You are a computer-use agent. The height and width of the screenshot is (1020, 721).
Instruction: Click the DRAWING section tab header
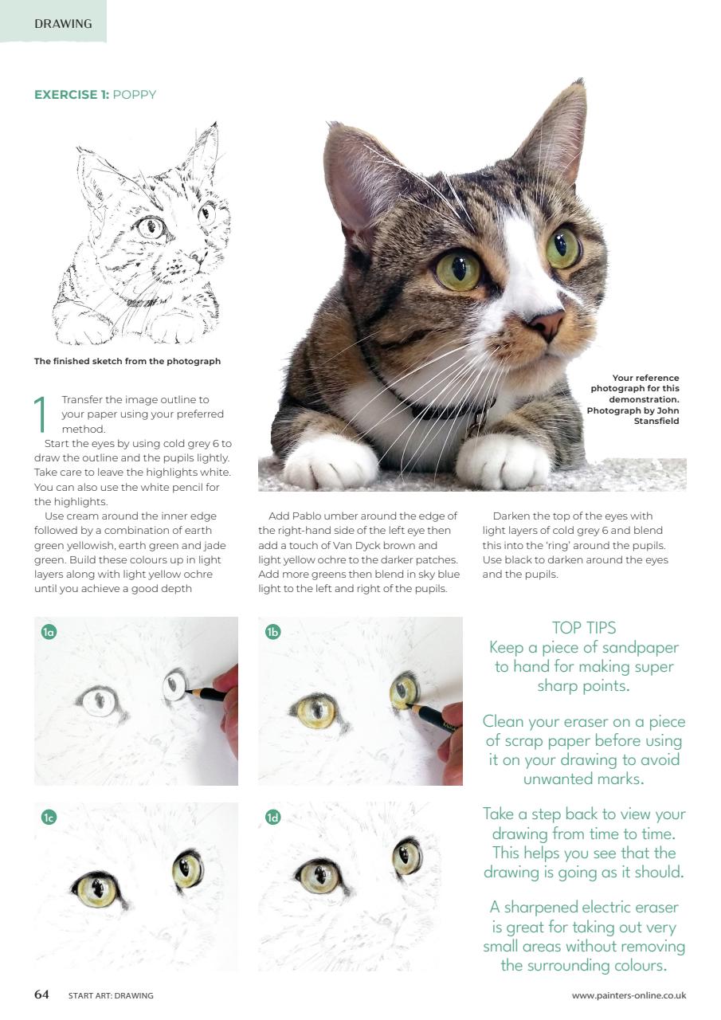pos(63,23)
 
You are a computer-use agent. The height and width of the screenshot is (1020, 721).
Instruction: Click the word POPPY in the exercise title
pos(135,95)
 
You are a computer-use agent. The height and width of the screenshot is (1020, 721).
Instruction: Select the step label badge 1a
pos(49,633)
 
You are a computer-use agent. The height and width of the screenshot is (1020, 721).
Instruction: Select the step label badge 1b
pos(272,633)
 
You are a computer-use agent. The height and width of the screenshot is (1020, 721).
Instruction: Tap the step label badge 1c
pos(49,818)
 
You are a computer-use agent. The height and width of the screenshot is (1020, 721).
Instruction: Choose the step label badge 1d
pos(272,818)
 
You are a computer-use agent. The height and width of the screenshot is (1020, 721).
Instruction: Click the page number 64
pos(41,994)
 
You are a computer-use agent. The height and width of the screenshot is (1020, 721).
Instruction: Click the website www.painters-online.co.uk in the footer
pos(629,995)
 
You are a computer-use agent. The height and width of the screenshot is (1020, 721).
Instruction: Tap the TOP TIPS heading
pos(583,628)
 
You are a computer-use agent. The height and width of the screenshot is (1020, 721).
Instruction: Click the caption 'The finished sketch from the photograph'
pos(127,361)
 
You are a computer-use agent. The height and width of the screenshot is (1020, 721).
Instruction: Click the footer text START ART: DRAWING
pos(111,995)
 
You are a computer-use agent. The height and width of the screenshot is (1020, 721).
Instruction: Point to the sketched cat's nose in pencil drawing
pos(194,257)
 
